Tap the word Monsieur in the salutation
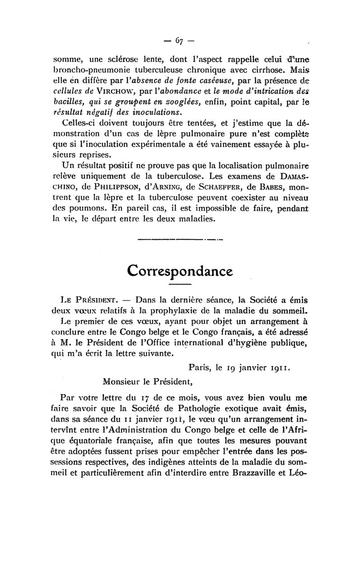(x=121, y=383)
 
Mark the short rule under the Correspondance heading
(x=180, y=285)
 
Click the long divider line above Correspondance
(x=180, y=239)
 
